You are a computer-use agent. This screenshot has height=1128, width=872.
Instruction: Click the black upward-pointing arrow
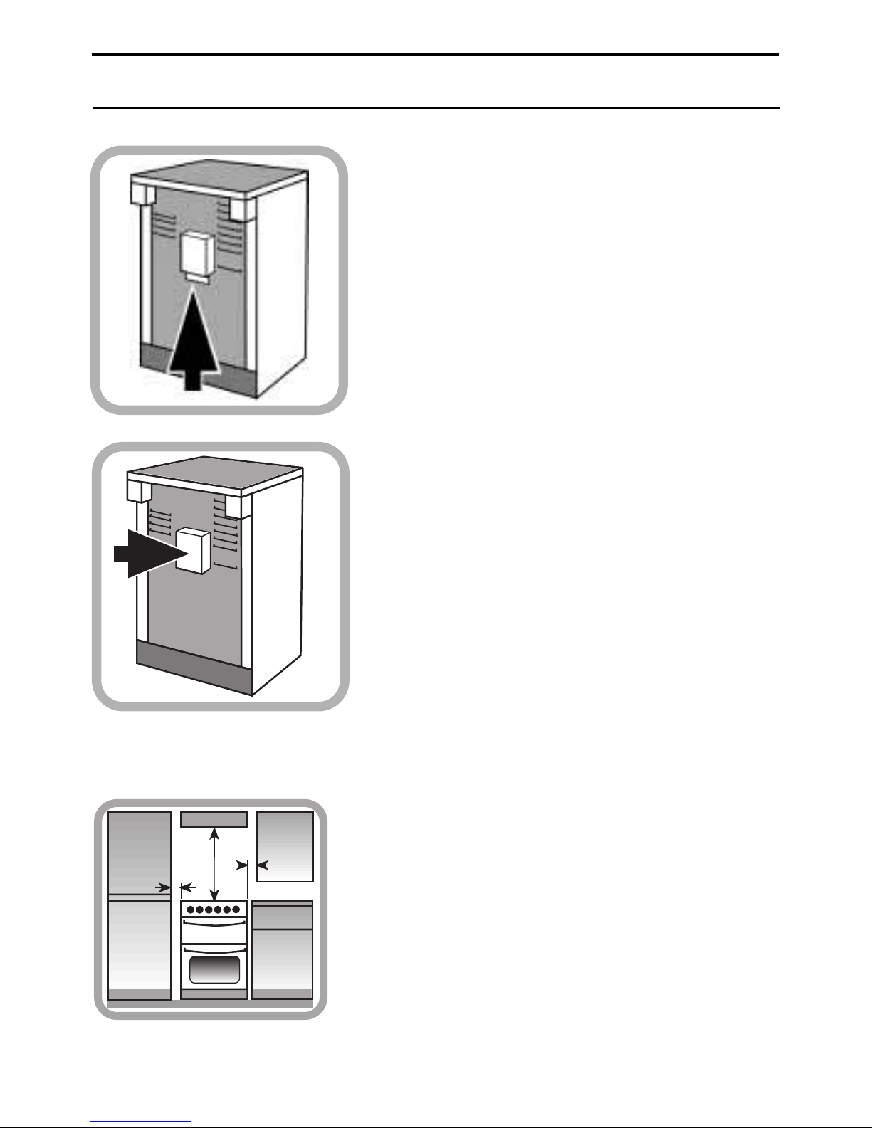pos(194,342)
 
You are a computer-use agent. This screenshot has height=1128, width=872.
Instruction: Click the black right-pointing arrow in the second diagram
pos(146,552)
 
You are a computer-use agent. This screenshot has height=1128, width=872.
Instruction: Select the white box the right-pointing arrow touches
pos(193,550)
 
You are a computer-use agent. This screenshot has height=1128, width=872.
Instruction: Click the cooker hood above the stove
pos(214,820)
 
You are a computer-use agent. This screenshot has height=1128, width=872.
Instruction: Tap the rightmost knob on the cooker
pos(236,910)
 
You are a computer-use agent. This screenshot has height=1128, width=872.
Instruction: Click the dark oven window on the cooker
pos(214,969)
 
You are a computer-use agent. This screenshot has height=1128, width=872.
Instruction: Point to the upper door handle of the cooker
pos(214,922)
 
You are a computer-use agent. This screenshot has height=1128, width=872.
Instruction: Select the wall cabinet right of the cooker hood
pos(285,846)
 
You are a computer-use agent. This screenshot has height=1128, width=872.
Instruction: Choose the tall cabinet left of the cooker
pos(140,904)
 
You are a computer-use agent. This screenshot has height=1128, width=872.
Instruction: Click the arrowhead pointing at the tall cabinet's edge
pos(166,887)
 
